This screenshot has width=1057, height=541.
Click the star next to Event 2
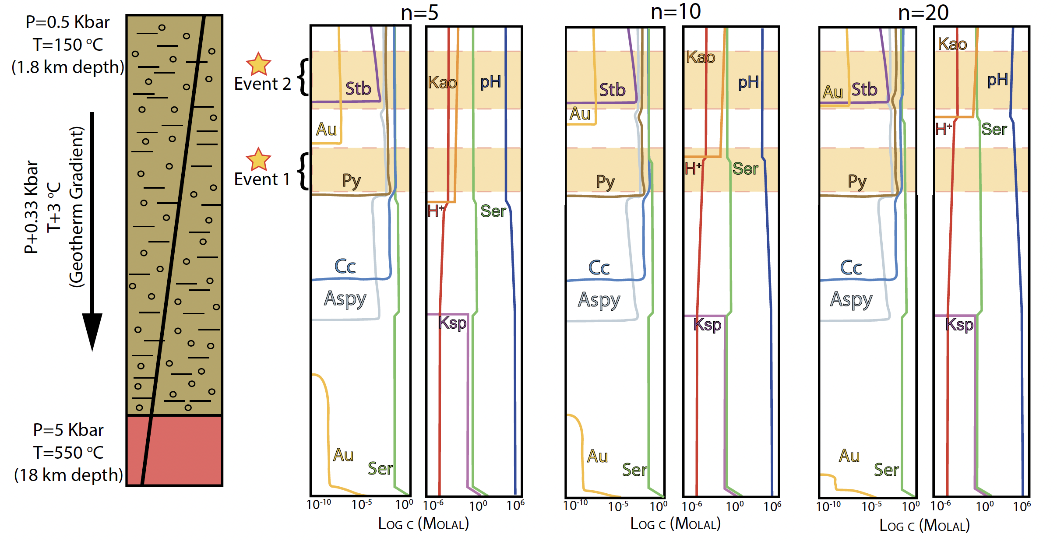258,64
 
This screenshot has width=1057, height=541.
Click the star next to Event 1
258,159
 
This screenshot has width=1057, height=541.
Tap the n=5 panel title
419,13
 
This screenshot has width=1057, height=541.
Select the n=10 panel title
676,12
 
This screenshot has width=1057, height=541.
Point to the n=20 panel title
923,13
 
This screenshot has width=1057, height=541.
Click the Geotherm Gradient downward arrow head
92,330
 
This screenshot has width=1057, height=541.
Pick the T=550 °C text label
68,453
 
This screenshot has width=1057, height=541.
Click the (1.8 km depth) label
68,67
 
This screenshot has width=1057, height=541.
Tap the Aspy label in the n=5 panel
345,299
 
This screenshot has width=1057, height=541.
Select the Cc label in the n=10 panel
599,267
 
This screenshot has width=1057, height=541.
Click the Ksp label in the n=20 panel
959,324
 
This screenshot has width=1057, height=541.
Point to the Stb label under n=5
358,88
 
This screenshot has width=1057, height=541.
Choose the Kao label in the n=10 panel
701,57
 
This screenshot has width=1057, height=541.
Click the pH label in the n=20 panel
997,80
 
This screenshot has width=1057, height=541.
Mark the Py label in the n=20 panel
857,181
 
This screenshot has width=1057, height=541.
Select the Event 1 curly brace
303,171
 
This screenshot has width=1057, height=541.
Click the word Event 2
262,84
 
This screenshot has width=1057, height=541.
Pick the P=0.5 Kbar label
67,22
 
